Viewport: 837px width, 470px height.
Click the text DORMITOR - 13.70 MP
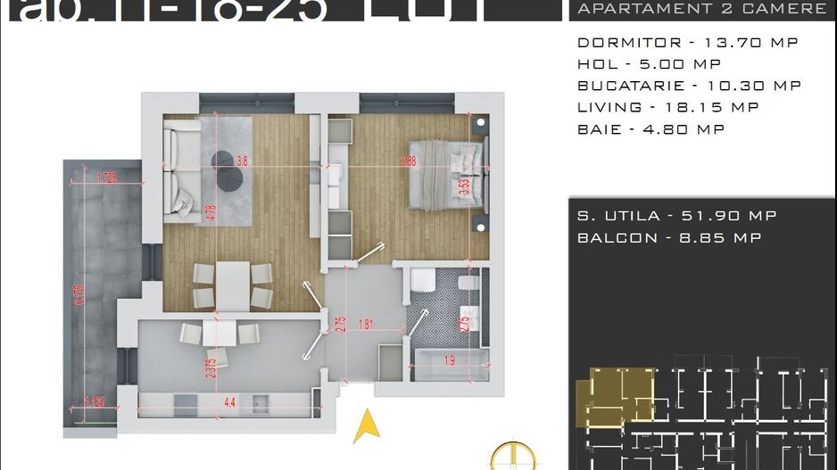coord(687,43)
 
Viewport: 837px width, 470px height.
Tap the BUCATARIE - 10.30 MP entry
coord(689,86)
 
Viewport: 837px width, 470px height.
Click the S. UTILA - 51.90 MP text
coord(676,216)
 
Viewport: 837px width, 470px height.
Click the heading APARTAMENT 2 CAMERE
coord(702,9)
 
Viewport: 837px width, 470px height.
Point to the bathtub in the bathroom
coord(449,361)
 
